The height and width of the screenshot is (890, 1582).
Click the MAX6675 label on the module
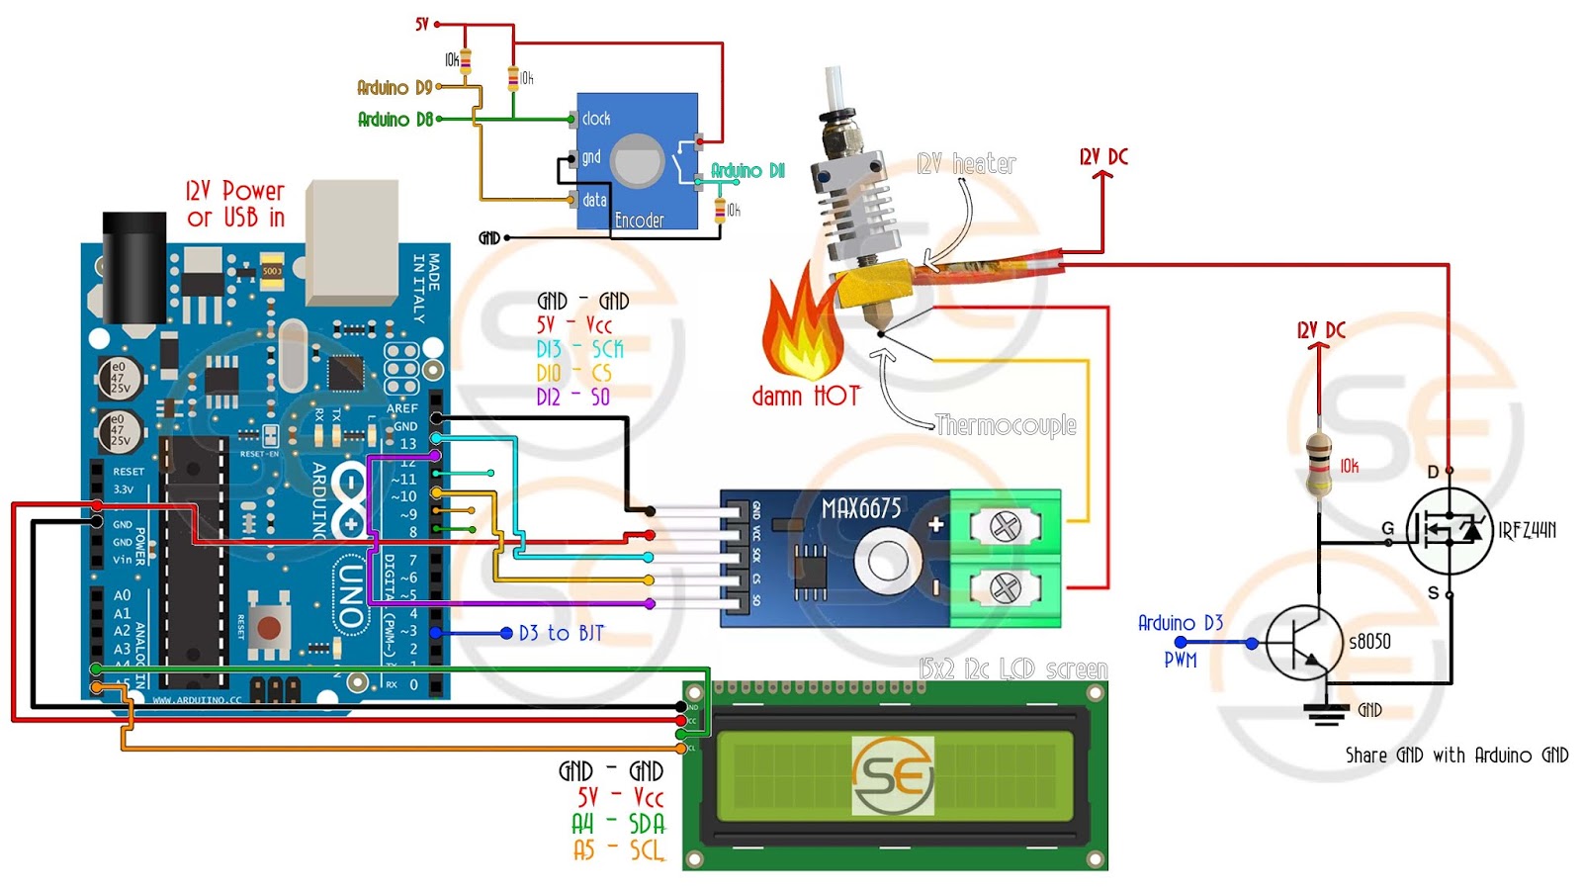click(x=861, y=508)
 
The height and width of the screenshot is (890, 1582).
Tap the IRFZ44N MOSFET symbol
click(x=1449, y=531)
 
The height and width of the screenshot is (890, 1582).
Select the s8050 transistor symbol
click(x=1305, y=643)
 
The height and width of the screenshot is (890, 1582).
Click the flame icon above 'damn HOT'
click(x=802, y=331)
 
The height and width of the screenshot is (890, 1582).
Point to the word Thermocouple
click(x=1006, y=425)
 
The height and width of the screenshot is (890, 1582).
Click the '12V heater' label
click(x=966, y=164)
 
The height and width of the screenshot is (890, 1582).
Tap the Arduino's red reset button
click(x=268, y=626)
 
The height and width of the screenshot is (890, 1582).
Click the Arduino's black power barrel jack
click(x=134, y=267)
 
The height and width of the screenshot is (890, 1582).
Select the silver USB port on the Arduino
click(x=352, y=242)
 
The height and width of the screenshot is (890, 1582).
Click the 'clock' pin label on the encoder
click(x=596, y=119)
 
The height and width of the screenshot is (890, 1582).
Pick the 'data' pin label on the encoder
click(x=594, y=200)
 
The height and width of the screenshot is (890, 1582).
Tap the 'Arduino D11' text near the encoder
click(x=747, y=171)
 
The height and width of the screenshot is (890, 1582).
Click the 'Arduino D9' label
click(x=395, y=88)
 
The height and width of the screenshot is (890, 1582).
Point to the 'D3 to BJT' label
click(x=561, y=633)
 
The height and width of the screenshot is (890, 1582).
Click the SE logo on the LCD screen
click(x=893, y=775)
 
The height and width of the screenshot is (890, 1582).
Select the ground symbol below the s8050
click(x=1325, y=713)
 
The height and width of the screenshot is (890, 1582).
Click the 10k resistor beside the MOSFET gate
click(x=1319, y=463)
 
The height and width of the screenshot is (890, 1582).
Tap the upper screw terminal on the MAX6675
click(x=1005, y=526)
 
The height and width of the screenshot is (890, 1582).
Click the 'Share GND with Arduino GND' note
click(x=1456, y=756)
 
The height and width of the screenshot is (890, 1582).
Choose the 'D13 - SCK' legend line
click(x=579, y=349)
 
